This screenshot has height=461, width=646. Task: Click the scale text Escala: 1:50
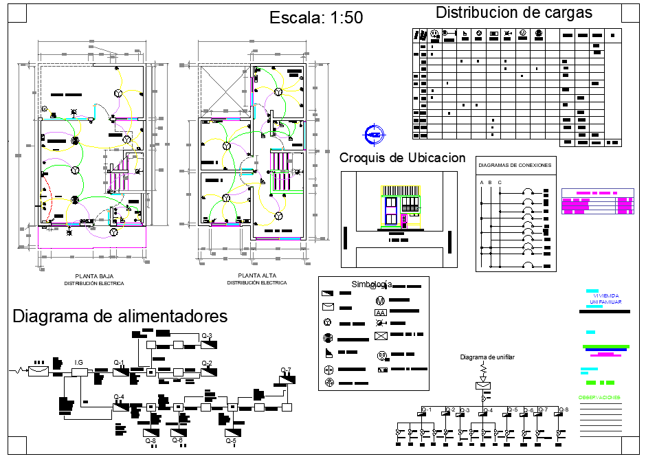point(316,18)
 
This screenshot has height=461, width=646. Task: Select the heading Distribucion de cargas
point(514,12)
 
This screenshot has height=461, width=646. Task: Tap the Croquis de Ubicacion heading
point(402,158)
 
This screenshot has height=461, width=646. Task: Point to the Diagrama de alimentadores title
point(120,317)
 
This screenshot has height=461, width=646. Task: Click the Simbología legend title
point(371,284)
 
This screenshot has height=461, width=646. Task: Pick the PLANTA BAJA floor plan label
point(94,276)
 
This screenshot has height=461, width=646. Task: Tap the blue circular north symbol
point(374,134)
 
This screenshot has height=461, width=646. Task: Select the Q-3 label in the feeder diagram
point(206,335)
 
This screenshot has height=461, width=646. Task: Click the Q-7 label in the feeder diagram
point(286,370)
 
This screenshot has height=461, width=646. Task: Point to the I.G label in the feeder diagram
point(78,362)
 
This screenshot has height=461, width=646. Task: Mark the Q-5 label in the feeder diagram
point(230,441)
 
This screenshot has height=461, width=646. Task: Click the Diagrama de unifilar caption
point(487,357)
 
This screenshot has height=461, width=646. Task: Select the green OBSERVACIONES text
point(599,398)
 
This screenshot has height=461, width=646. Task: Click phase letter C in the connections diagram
point(500,182)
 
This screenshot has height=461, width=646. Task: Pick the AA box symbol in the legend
point(381,313)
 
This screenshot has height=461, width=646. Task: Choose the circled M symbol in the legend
point(379,300)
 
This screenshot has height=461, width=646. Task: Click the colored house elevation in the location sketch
point(399,206)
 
